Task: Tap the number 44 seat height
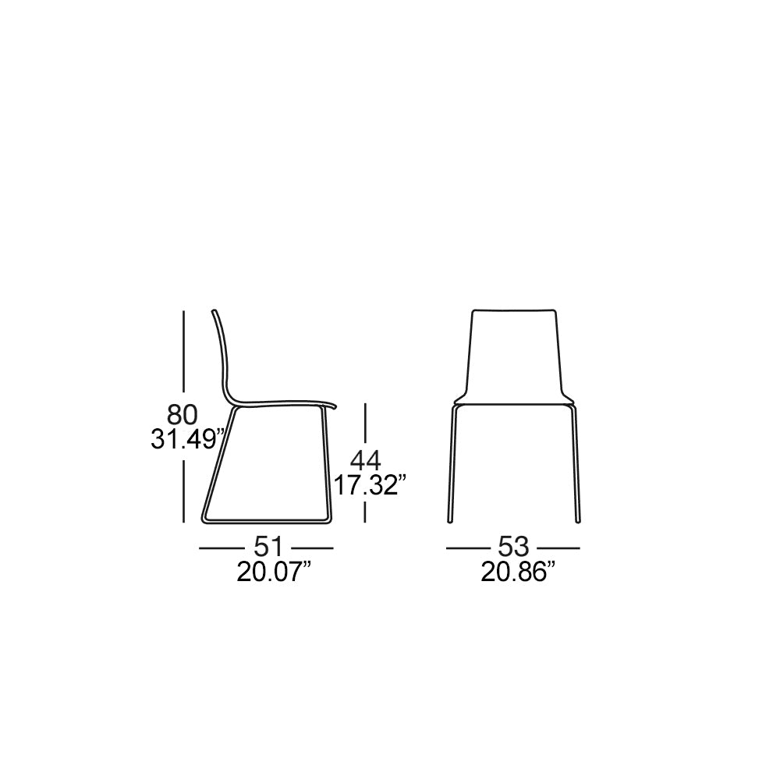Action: pos(366,461)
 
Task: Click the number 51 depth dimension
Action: pos(268,548)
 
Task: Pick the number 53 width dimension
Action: pos(513,548)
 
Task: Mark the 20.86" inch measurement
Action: pos(518,572)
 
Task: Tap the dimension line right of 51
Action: pos(312,548)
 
